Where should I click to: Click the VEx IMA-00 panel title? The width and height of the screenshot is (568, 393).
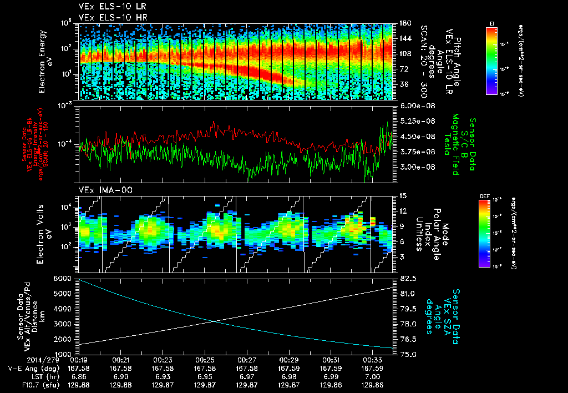(100, 190)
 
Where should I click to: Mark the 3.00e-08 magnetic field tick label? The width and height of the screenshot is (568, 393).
(413, 167)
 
